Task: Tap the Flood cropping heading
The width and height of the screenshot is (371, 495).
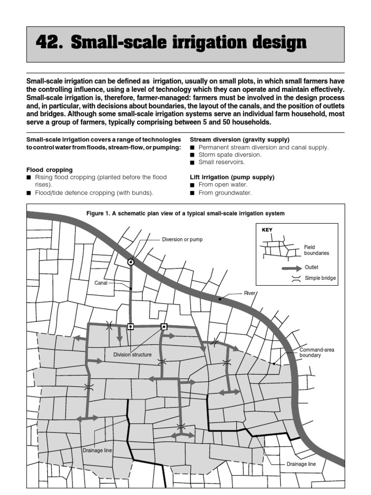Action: [x=50, y=170]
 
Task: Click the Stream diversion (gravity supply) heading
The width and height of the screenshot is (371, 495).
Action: [x=240, y=139]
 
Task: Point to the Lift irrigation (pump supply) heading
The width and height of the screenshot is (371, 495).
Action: [x=232, y=177]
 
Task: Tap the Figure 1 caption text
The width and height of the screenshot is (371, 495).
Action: [x=185, y=213]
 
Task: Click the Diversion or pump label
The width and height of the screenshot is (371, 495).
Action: [x=182, y=239]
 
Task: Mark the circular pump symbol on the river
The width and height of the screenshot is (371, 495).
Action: [x=130, y=262]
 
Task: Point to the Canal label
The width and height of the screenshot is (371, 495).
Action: [x=101, y=283]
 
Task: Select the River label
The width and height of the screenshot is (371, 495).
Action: [x=250, y=293]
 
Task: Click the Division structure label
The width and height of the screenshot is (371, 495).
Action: [x=132, y=354]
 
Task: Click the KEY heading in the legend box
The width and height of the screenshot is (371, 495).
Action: [x=267, y=230]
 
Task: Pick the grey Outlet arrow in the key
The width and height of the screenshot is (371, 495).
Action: [x=291, y=267]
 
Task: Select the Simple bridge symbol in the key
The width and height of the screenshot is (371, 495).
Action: [x=296, y=278]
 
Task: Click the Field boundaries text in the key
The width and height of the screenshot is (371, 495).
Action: [x=316, y=250]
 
